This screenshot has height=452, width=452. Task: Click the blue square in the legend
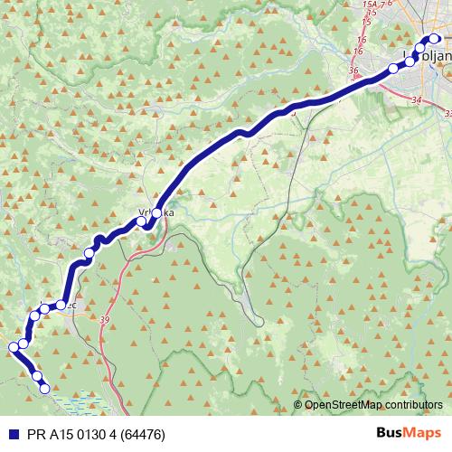9,433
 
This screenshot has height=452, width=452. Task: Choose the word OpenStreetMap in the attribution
344,404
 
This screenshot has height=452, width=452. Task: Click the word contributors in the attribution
412,404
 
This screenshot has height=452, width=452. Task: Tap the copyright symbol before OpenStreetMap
298,404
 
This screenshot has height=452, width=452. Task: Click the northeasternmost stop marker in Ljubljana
434,39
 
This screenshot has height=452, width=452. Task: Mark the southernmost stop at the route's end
44,388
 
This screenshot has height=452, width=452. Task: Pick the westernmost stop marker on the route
14,346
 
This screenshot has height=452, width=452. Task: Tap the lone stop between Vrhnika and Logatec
89,252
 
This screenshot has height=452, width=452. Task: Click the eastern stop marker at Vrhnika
156,212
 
